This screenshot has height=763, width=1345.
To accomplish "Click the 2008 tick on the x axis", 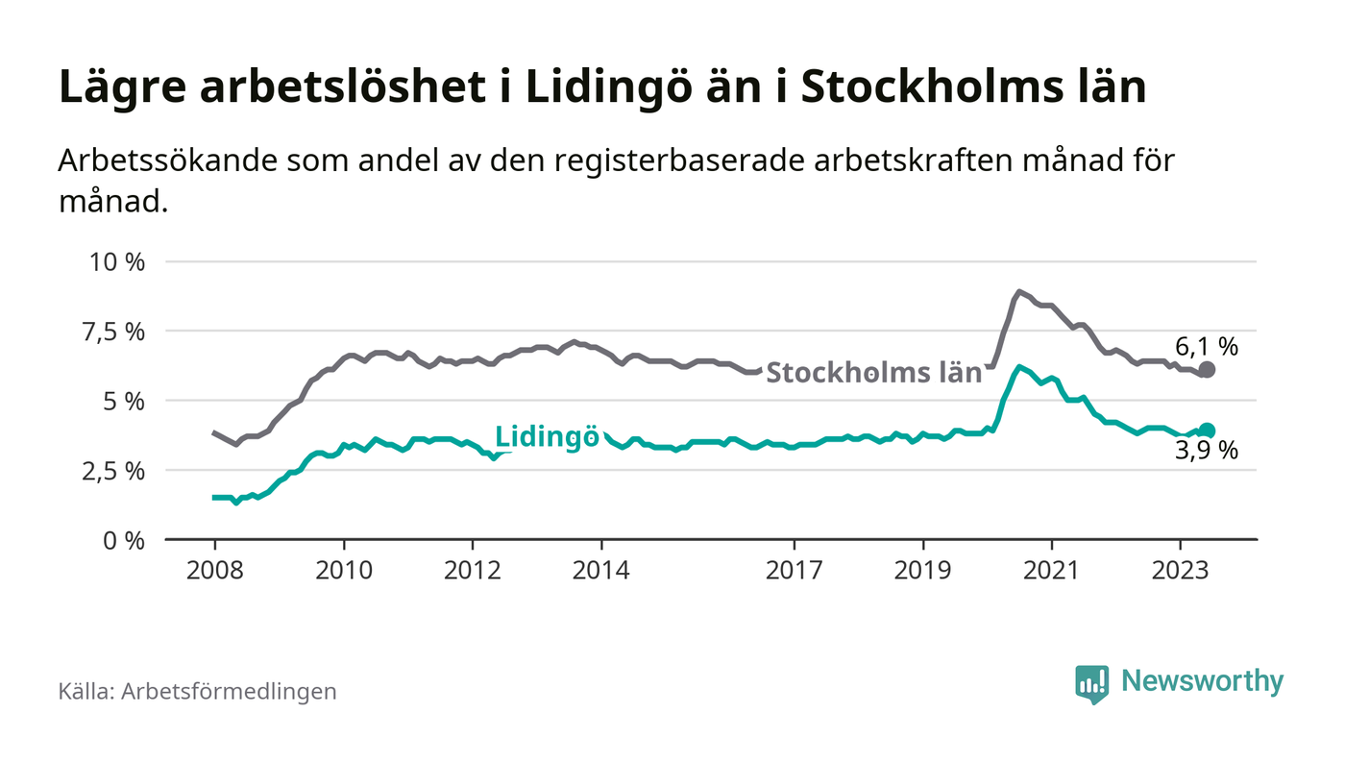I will pyautogui.click(x=214, y=570).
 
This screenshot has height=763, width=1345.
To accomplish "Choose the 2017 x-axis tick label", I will pyautogui.click(x=794, y=570).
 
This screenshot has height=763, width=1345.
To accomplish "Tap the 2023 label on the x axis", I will pyautogui.click(x=1180, y=570).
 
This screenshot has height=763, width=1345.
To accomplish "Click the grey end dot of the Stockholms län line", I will pyautogui.click(x=1208, y=370).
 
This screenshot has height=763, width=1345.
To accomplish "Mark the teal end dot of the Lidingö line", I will pyautogui.click(x=1208, y=431).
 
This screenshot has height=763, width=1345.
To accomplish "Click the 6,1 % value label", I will pyautogui.click(x=1207, y=346).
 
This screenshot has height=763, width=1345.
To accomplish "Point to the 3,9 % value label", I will pyautogui.click(x=1207, y=451).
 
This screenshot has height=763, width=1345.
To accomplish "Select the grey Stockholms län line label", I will pyautogui.click(x=873, y=373).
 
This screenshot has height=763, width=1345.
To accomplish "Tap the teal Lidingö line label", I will pyautogui.click(x=547, y=436).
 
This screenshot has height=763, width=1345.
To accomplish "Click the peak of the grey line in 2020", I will pyautogui.click(x=1018, y=291).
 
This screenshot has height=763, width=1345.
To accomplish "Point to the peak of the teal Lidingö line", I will pyautogui.click(x=1018, y=366).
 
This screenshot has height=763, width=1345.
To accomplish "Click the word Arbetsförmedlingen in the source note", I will pyautogui.click(x=229, y=691).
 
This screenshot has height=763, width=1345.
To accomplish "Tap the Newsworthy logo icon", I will pyautogui.click(x=1091, y=683).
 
